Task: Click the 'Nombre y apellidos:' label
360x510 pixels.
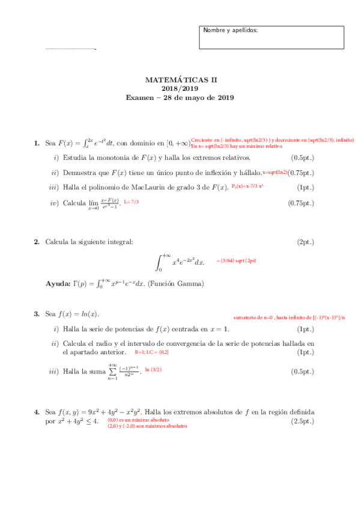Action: click(230, 30)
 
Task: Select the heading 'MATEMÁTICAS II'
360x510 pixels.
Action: click(180, 79)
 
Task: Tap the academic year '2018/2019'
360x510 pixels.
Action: click(180, 88)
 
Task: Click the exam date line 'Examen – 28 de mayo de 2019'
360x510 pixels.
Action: click(180, 97)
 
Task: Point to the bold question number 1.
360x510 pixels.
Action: click(37, 143)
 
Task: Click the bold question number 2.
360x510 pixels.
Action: click(37, 242)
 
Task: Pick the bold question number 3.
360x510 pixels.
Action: click(37, 314)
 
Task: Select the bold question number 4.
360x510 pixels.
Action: click(37, 412)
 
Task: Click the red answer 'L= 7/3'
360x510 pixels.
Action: click(131, 201)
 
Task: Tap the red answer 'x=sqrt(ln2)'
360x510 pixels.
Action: click(275, 172)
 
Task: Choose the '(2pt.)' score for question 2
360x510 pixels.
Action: click(305, 242)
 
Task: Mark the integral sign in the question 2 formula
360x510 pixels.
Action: click(160, 262)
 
